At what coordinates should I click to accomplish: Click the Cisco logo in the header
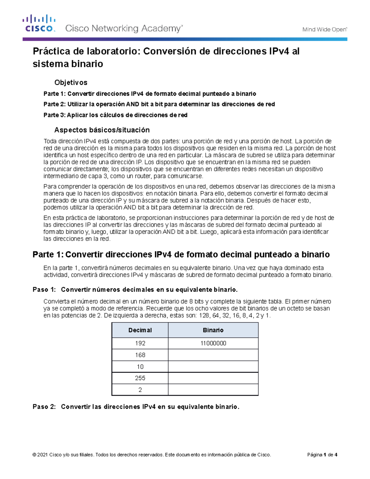pos(39,23)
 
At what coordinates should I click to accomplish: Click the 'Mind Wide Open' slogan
pos(324,30)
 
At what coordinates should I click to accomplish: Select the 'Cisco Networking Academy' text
pos(124,29)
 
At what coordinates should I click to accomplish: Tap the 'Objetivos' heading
pos(71,82)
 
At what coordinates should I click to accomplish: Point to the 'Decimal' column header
pos(140,330)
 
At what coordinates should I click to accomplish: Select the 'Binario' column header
pos(213,330)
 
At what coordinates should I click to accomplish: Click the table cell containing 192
pos(140,343)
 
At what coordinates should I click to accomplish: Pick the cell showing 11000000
pos(213,343)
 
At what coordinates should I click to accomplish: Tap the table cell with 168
pos(140,355)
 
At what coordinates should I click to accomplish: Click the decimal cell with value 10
pos(140,367)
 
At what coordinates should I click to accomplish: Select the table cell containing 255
pos(140,378)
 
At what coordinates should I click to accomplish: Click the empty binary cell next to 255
pos(213,378)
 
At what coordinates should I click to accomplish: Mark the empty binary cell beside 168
pos(213,355)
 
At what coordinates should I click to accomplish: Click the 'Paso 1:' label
pos(44,290)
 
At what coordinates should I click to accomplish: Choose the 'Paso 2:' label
pos(44,407)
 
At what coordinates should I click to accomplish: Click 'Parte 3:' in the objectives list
pos(54,115)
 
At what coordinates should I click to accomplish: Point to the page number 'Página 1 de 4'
pos(322,455)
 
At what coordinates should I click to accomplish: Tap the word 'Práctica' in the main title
pos(51,51)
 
